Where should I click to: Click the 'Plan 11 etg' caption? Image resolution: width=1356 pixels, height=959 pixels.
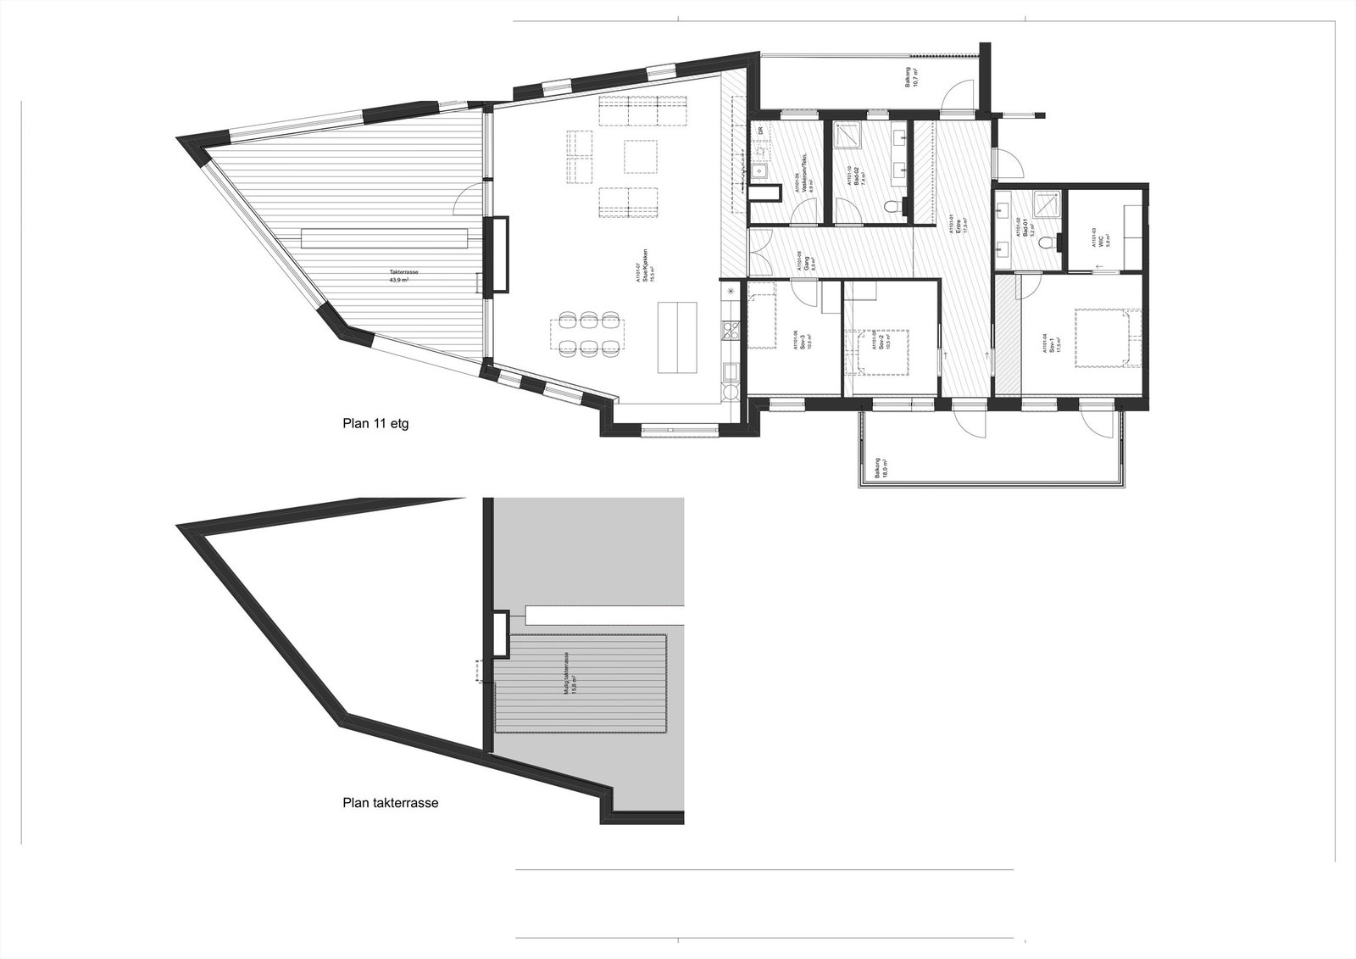[x=375, y=423]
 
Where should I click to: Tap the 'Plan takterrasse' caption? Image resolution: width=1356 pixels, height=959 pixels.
[x=390, y=802]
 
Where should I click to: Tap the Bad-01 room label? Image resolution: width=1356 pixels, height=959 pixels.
[x=1026, y=229]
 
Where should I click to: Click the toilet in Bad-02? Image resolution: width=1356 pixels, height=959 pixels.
[x=890, y=208]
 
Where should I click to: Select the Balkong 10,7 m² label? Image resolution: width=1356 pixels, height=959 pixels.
[x=911, y=79]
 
